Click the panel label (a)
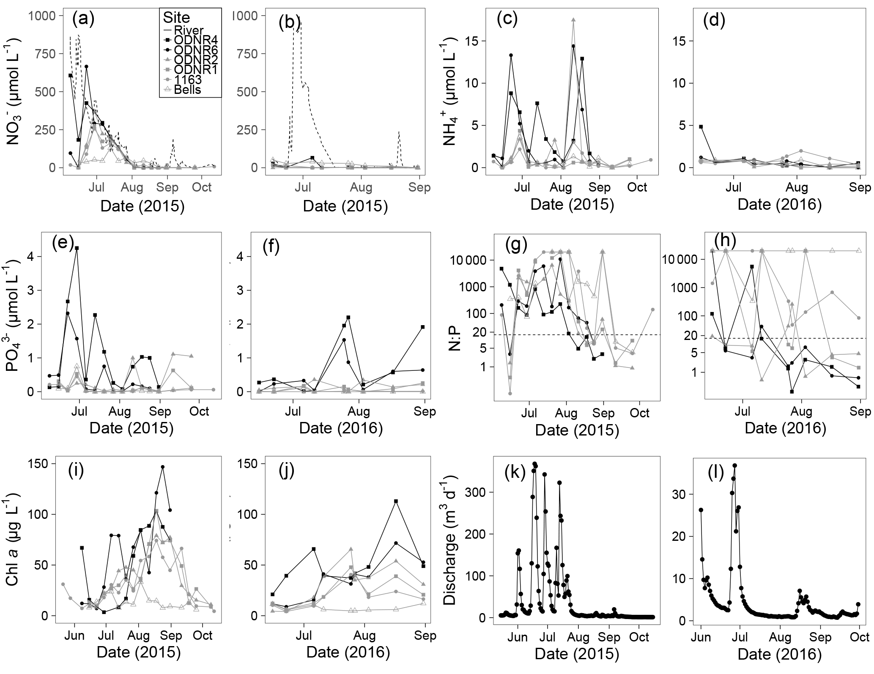[x=83, y=20]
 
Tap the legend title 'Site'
[x=176, y=18]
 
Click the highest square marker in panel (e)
[x=77, y=248]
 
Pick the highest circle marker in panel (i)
[x=163, y=467]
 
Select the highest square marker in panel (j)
[x=396, y=501]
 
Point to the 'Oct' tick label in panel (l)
[x=860, y=637]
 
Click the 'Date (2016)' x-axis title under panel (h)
[x=785, y=428]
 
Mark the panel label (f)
[x=271, y=246]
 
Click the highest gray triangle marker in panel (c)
[x=573, y=19]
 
